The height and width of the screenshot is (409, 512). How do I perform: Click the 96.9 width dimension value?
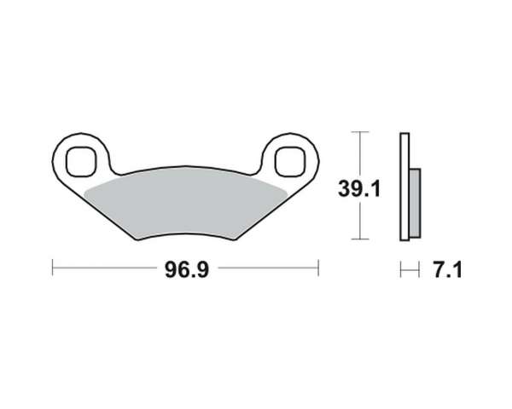(x=186, y=270)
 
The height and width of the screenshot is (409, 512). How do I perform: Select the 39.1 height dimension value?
(x=359, y=189)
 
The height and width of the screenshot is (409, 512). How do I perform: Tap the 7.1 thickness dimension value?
(x=448, y=270)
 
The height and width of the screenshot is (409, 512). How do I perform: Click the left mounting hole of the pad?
(x=81, y=161)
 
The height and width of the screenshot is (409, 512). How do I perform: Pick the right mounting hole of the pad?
(x=290, y=161)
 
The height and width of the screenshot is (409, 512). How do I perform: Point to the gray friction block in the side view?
(x=415, y=203)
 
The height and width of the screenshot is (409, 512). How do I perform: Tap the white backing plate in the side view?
(x=404, y=187)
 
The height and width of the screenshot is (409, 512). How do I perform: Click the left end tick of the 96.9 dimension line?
(x=53, y=268)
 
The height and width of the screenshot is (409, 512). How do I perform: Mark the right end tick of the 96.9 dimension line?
(x=318, y=268)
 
